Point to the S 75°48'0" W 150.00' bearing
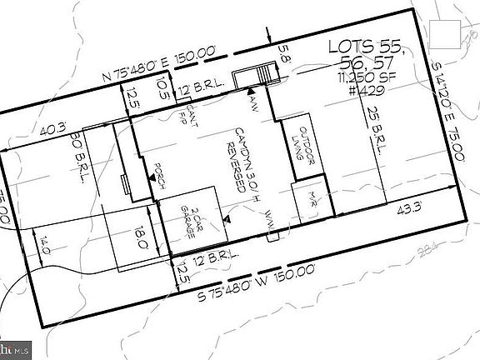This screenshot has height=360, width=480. (257, 281)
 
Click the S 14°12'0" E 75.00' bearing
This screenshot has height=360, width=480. (449, 122)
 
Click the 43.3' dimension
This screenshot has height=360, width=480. (409, 207)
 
